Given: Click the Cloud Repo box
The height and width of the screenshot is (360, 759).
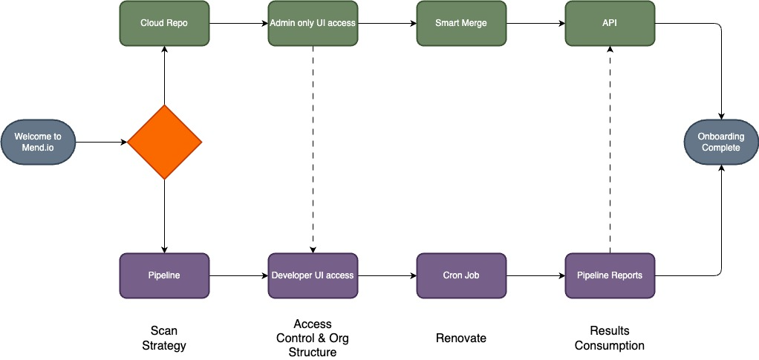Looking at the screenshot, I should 164,23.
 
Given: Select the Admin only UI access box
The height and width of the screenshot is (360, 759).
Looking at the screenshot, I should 313,23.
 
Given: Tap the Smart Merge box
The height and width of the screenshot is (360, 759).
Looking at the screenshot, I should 461,23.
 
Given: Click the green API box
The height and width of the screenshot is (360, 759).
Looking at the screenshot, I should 610,23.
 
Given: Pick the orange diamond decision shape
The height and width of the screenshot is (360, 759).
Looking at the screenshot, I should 164,142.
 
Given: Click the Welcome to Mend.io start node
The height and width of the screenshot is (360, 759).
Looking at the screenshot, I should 38,142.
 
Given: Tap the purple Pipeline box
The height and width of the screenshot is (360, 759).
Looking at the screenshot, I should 164,275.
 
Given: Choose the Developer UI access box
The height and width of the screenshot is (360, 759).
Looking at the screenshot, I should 313,275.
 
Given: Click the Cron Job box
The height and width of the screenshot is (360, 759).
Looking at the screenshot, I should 461,275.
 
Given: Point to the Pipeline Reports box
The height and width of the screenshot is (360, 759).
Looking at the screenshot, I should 610,275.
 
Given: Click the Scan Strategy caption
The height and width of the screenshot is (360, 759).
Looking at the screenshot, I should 164,338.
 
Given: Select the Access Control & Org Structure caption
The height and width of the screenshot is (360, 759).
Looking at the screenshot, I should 313,338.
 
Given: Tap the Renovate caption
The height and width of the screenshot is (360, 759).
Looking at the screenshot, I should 461,338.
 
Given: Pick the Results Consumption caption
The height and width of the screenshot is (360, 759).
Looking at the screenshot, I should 610,338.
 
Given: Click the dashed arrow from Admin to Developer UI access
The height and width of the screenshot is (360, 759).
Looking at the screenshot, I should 313,148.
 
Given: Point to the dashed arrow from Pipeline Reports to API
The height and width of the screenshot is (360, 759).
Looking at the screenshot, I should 610,148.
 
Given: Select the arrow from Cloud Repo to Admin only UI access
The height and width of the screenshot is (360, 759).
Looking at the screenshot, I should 238,23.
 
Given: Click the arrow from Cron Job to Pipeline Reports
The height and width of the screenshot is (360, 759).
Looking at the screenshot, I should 535,275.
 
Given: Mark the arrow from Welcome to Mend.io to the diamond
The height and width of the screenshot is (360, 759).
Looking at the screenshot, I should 101,142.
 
